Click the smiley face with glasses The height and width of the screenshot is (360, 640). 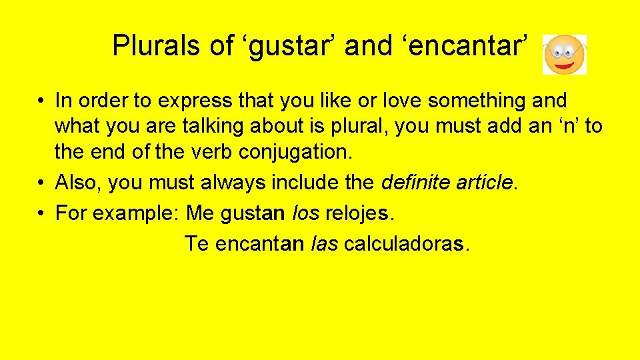[565, 55]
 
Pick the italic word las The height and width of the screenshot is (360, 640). [325, 244]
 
